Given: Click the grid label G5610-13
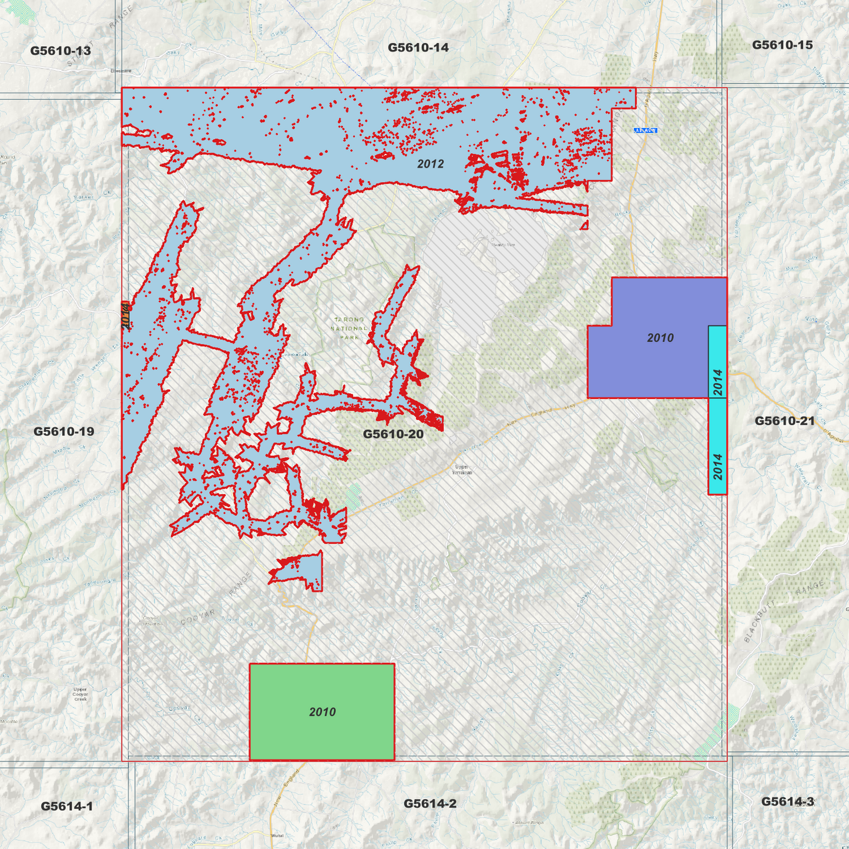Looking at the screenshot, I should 61,51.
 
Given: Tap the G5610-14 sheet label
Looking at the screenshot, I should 418,48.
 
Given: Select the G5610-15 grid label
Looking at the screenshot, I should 782,45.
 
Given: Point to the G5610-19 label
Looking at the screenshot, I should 63,431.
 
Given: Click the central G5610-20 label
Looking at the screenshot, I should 393,434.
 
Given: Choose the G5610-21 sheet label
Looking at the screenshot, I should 784,421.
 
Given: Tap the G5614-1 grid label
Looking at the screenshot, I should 66,806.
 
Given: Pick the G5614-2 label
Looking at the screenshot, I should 429,803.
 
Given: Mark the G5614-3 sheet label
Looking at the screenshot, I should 787,801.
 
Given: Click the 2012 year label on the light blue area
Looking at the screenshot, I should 430,164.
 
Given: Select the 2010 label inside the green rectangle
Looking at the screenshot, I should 322,712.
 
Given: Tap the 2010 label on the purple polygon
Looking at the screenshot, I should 660,338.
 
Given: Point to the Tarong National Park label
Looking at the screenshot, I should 349,328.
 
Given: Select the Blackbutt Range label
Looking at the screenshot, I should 784,611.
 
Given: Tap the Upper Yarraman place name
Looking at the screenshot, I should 462,469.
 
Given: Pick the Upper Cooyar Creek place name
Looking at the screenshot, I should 80,694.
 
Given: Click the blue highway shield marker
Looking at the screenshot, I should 645,130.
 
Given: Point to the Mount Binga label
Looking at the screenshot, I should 529,823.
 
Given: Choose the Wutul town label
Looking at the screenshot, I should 277,835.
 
